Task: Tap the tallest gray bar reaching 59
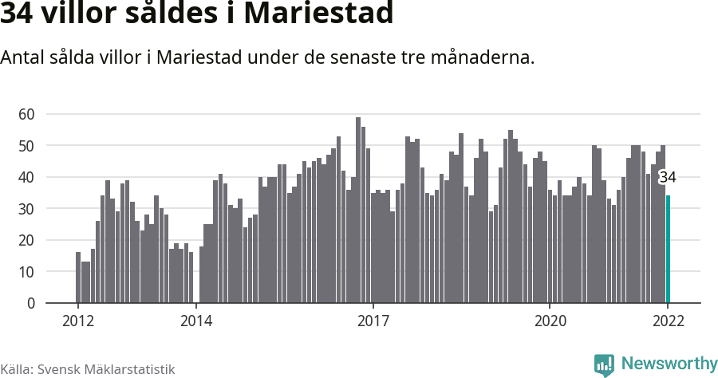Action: coord(358,211)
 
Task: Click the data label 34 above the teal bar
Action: coord(668,177)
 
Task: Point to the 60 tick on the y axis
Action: coord(27,114)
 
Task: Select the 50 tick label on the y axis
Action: coord(27,146)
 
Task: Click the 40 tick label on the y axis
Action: coord(27,177)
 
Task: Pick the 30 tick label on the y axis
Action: coord(27,209)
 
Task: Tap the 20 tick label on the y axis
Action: coord(27,240)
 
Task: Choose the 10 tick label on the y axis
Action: coord(27,272)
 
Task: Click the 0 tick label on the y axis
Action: coord(31,303)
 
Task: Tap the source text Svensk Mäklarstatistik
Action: coord(106,369)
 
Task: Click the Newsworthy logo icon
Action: coord(604,364)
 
